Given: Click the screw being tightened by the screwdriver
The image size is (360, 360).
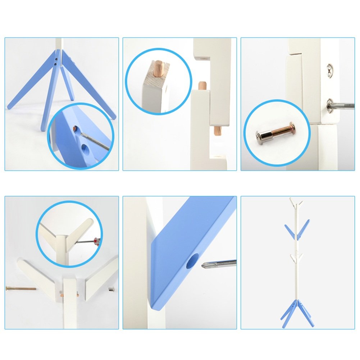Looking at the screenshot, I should (x=330, y=105).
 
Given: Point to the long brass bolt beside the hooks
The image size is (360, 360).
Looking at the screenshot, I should (x=21, y=288).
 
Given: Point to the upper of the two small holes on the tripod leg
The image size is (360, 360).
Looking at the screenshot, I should (x=57, y=57).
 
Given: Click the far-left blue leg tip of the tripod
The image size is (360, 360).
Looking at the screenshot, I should (x=10, y=106).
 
